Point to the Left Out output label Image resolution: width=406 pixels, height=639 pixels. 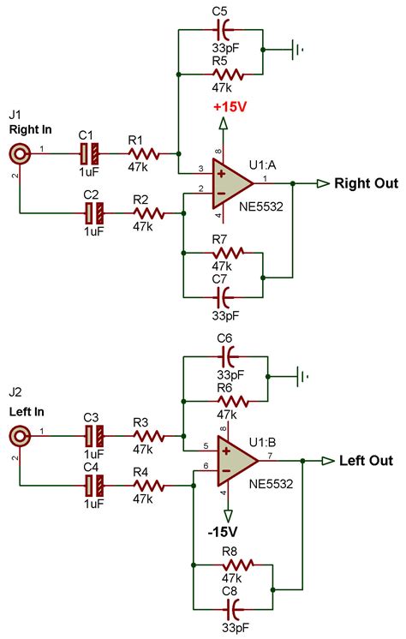[366, 461]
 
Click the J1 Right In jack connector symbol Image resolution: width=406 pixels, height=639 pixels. [19, 154]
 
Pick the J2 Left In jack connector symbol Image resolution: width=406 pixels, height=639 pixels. [19, 437]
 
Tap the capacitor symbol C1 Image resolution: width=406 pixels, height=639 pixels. [92, 154]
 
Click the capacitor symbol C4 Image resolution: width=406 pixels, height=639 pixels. [92, 486]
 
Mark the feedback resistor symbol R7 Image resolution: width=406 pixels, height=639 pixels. [226, 253]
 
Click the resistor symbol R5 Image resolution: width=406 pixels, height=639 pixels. [226, 75]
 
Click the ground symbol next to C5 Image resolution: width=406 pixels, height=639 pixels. [299, 49]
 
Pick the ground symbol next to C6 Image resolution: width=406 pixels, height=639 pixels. [299, 375]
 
